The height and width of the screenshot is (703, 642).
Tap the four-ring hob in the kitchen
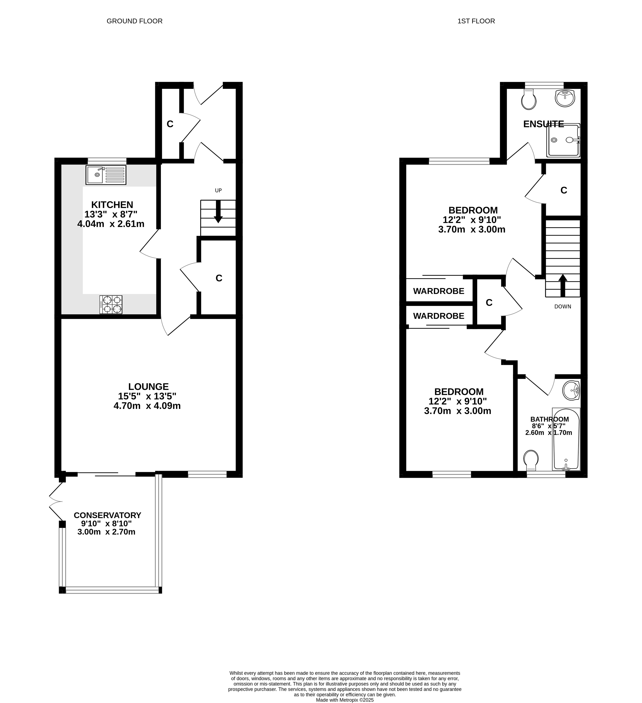click(111, 304)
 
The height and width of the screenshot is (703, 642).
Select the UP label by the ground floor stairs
click(218, 190)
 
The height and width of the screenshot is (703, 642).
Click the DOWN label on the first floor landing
click(563, 306)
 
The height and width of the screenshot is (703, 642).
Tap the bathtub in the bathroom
click(566, 439)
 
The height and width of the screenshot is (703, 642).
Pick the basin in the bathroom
click(571, 390)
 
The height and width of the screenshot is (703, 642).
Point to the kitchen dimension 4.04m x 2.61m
click(111, 224)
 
